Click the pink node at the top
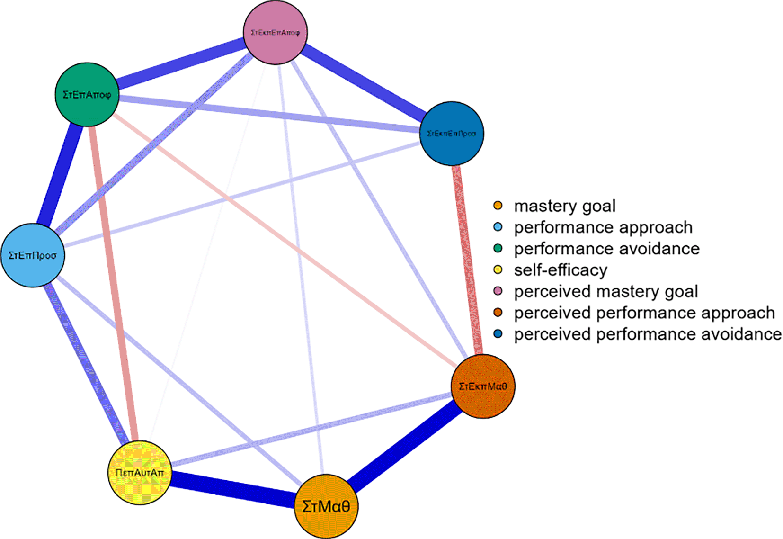[275, 33]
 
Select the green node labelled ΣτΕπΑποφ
[87, 94]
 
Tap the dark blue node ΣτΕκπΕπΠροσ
[452, 134]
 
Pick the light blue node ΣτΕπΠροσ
[33, 255]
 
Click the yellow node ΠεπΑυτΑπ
[140, 472]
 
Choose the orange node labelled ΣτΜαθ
[326, 506]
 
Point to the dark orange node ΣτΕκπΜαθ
[483, 386]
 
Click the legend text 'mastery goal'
[565, 206]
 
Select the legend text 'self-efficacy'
[561, 270]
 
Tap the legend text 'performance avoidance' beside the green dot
[606, 249]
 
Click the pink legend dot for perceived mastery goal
[498, 291]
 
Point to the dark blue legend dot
[498, 334]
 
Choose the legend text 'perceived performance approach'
[644, 313]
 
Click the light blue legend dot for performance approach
[498, 227]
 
